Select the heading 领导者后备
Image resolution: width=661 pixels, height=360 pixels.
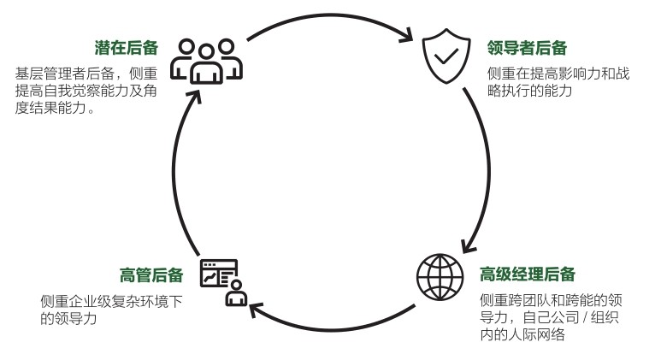[x=527, y=49]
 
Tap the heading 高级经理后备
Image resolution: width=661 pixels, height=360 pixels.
[x=527, y=275]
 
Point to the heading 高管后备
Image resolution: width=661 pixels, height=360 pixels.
[x=151, y=275]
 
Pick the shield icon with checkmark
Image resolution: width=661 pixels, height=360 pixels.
[x=446, y=58]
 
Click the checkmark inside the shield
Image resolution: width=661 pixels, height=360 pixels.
[x=446, y=58]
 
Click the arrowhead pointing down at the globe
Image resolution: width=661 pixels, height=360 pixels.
[x=467, y=245]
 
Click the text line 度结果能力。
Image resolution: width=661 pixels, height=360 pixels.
[x=56, y=109]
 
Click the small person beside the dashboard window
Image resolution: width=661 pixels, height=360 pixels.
[x=235, y=297]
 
